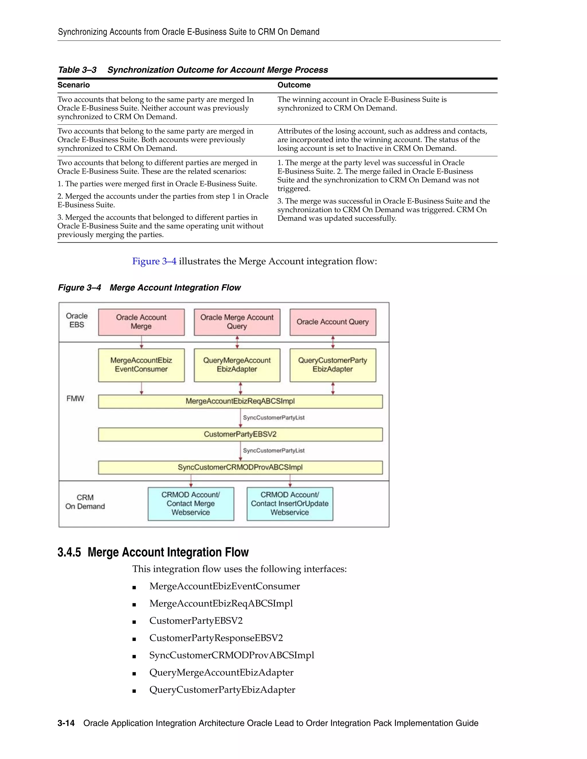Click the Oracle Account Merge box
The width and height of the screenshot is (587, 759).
[x=141, y=322]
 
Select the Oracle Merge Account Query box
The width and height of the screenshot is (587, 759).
[x=237, y=322]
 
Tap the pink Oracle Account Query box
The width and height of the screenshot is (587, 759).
[x=333, y=322]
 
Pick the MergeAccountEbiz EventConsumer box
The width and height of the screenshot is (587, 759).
[x=141, y=365]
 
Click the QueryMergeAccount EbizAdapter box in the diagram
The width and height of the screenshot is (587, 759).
[x=237, y=365]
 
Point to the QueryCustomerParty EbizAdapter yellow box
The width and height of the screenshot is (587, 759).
[x=333, y=365]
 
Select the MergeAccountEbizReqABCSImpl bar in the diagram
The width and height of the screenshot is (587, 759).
[x=240, y=401]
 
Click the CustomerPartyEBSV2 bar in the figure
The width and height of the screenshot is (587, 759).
[x=240, y=434]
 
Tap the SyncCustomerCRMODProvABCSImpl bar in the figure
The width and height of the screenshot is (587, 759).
[x=240, y=467]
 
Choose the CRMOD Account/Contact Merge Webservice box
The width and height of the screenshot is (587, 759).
[x=191, y=504]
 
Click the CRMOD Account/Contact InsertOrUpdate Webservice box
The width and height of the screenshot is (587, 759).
[x=290, y=504]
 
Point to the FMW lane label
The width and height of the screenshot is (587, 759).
[x=75, y=398]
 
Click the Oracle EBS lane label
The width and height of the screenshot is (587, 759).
[x=77, y=320]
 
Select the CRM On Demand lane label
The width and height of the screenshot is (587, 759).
[x=85, y=502]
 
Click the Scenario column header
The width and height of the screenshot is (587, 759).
[x=74, y=85]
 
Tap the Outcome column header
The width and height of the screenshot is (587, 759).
[x=294, y=85]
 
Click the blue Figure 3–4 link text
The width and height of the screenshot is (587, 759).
[x=154, y=261]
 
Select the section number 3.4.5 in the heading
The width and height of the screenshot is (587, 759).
[x=69, y=552]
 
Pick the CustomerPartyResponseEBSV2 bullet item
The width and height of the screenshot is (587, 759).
[x=216, y=638]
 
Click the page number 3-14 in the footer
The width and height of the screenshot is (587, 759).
[x=66, y=723]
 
